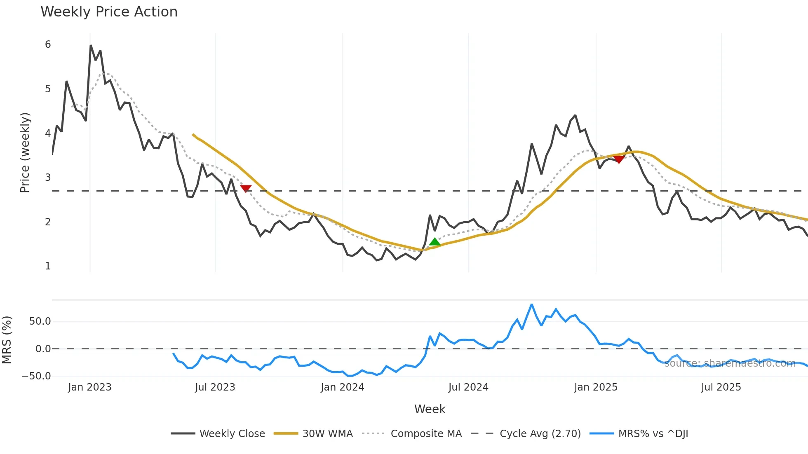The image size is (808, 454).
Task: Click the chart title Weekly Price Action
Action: click(x=109, y=12)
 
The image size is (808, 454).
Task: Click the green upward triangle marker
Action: click(x=435, y=242)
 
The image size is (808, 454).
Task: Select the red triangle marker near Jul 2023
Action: click(x=246, y=188)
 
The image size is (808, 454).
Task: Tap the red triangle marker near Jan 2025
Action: click(x=619, y=159)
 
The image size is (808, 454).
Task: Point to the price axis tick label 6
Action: click(x=48, y=44)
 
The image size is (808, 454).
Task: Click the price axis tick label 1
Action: click(x=48, y=266)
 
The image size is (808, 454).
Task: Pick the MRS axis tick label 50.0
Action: click(x=40, y=321)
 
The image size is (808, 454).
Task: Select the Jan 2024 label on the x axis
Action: click(x=342, y=387)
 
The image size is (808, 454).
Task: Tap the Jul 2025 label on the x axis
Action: click(x=721, y=387)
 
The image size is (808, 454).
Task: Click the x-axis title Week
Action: click(x=430, y=409)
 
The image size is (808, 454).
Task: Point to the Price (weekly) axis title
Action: click(x=25, y=152)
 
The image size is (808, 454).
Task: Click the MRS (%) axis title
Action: click(x=7, y=340)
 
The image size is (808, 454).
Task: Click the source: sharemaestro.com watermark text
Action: click(x=730, y=363)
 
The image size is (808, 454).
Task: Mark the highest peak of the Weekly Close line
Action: click(x=91, y=45)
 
